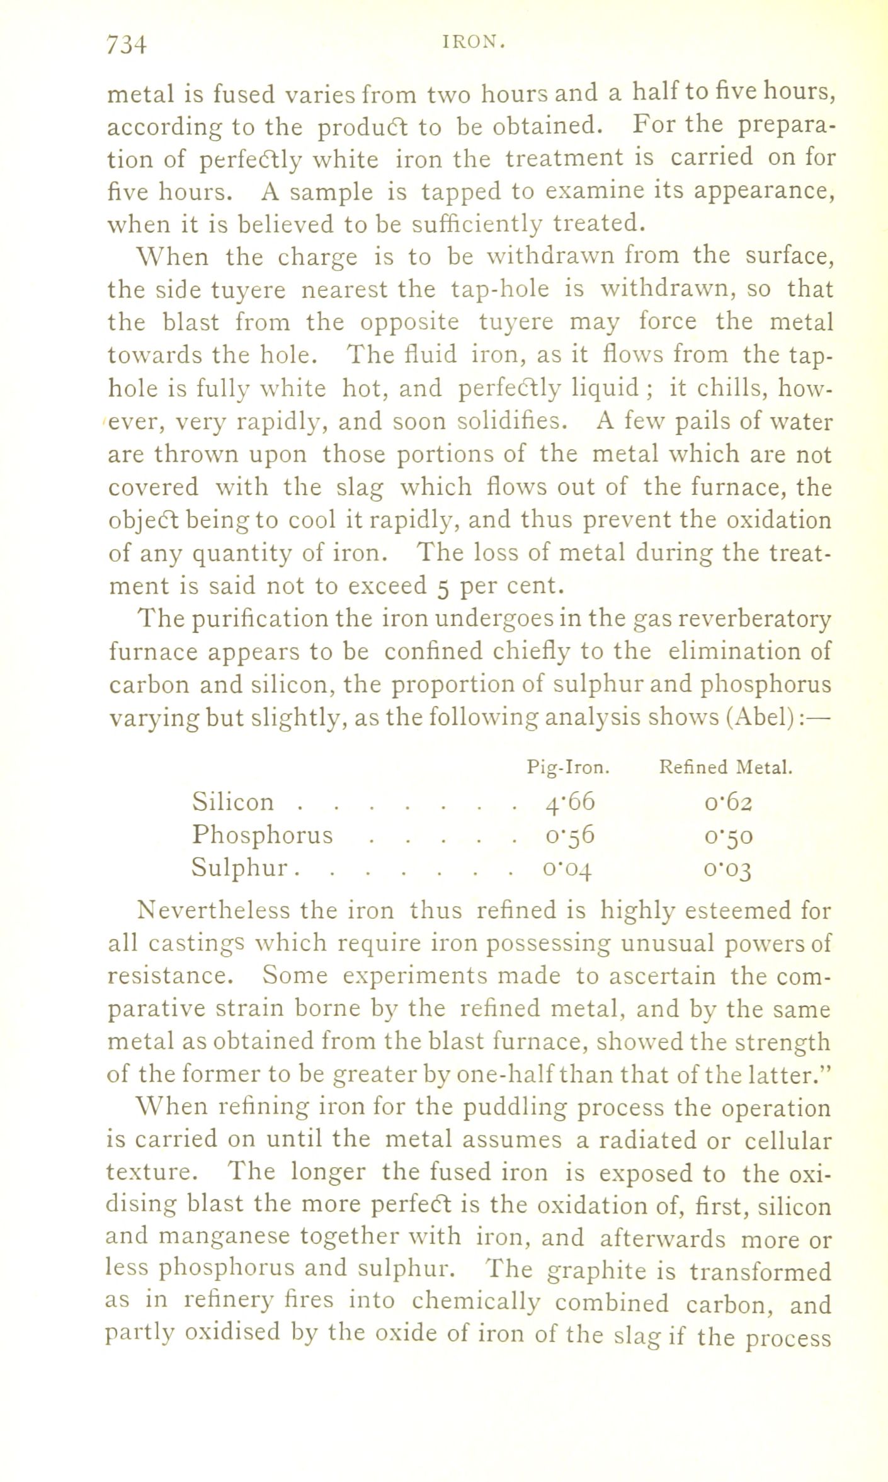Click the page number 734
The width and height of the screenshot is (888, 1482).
pos(127,45)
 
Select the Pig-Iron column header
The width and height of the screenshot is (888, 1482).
pos(568,767)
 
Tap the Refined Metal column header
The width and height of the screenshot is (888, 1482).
pos(725,767)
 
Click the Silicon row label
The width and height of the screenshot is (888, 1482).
pos(233,802)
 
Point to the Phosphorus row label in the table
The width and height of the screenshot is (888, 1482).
pos(262,835)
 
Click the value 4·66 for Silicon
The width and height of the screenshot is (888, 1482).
pos(570,802)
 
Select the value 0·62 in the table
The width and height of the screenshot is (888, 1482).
pos(729,802)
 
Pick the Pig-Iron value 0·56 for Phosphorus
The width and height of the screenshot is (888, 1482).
pos(570,835)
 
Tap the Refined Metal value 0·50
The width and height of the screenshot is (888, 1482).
pos(729,836)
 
